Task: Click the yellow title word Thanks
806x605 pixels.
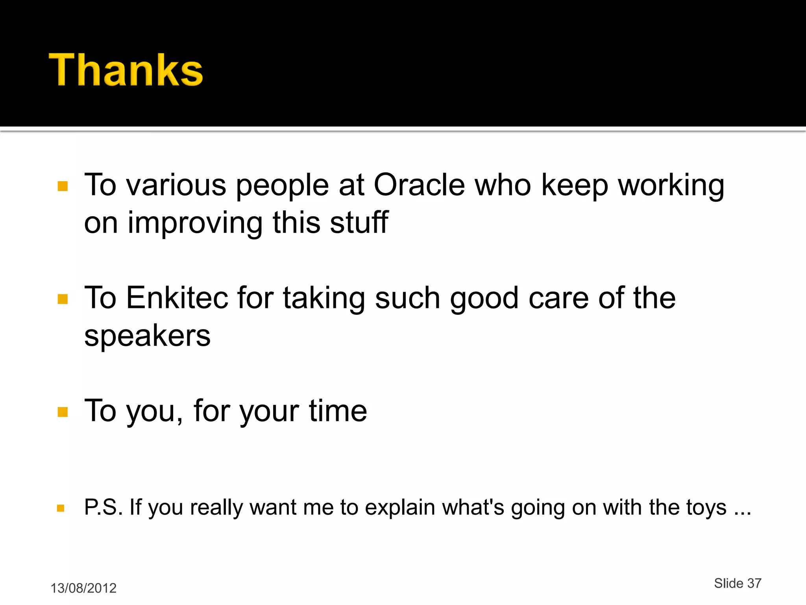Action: (x=126, y=70)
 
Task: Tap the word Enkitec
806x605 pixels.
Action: (x=177, y=298)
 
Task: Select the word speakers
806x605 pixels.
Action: (x=147, y=336)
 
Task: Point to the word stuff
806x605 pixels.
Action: (x=359, y=222)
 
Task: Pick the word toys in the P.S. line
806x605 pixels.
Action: (x=706, y=507)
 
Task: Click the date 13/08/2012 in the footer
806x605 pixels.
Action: (x=83, y=588)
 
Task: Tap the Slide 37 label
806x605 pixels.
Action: (x=738, y=583)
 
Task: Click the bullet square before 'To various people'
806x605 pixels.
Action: (x=63, y=186)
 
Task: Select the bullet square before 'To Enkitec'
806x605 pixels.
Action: (x=63, y=299)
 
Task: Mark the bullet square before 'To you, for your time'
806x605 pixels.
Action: (x=63, y=412)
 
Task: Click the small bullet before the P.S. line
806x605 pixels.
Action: (x=60, y=508)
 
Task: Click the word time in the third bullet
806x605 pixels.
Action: (x=338, y=410)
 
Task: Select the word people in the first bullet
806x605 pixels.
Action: (x=282, y=185)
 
